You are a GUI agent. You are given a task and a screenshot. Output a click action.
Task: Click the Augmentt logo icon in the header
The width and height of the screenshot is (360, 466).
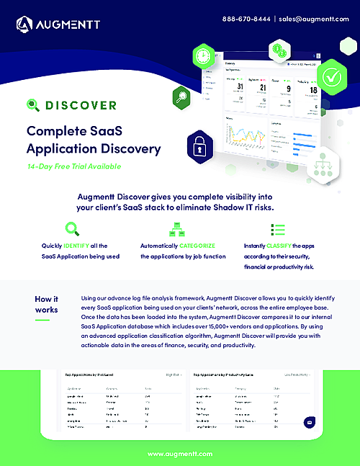click(24, 25)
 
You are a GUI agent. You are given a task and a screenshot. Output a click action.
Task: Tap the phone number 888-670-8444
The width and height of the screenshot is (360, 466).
click(246, 18)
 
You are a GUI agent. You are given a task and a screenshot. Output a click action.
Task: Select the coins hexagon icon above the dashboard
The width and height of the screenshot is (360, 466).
click(278, 50)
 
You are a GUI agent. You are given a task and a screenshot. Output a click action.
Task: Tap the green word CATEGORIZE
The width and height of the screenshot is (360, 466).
click(192, 246)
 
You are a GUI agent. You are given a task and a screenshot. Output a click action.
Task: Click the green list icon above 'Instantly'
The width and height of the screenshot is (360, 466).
click(277, 229)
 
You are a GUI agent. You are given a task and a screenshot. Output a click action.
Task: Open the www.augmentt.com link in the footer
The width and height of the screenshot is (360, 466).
click(179, 454)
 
